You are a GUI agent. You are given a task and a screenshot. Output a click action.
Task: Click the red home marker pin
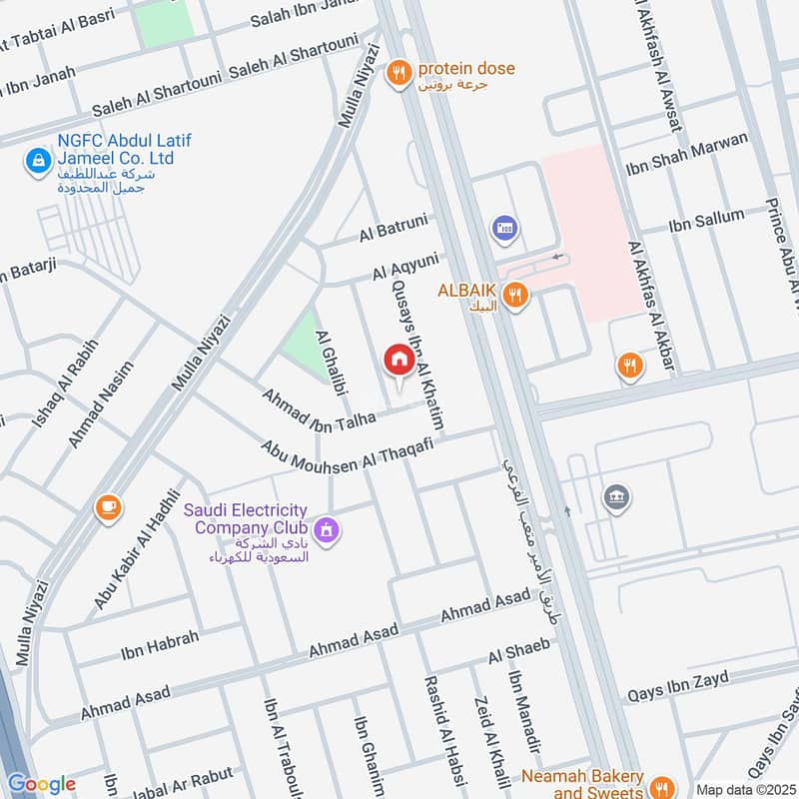[399, 361]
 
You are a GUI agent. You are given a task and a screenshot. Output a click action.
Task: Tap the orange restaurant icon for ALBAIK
[514, 295]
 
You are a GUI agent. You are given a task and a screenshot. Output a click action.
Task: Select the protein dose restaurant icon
[400, 71]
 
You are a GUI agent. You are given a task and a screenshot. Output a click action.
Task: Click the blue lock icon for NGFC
[37, 159]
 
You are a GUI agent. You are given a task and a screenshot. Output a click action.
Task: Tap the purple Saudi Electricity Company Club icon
[325, 529]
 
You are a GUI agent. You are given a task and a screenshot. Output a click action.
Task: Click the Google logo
[41, 784]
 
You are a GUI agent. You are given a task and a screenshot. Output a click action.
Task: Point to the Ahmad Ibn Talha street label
[318, 409]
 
